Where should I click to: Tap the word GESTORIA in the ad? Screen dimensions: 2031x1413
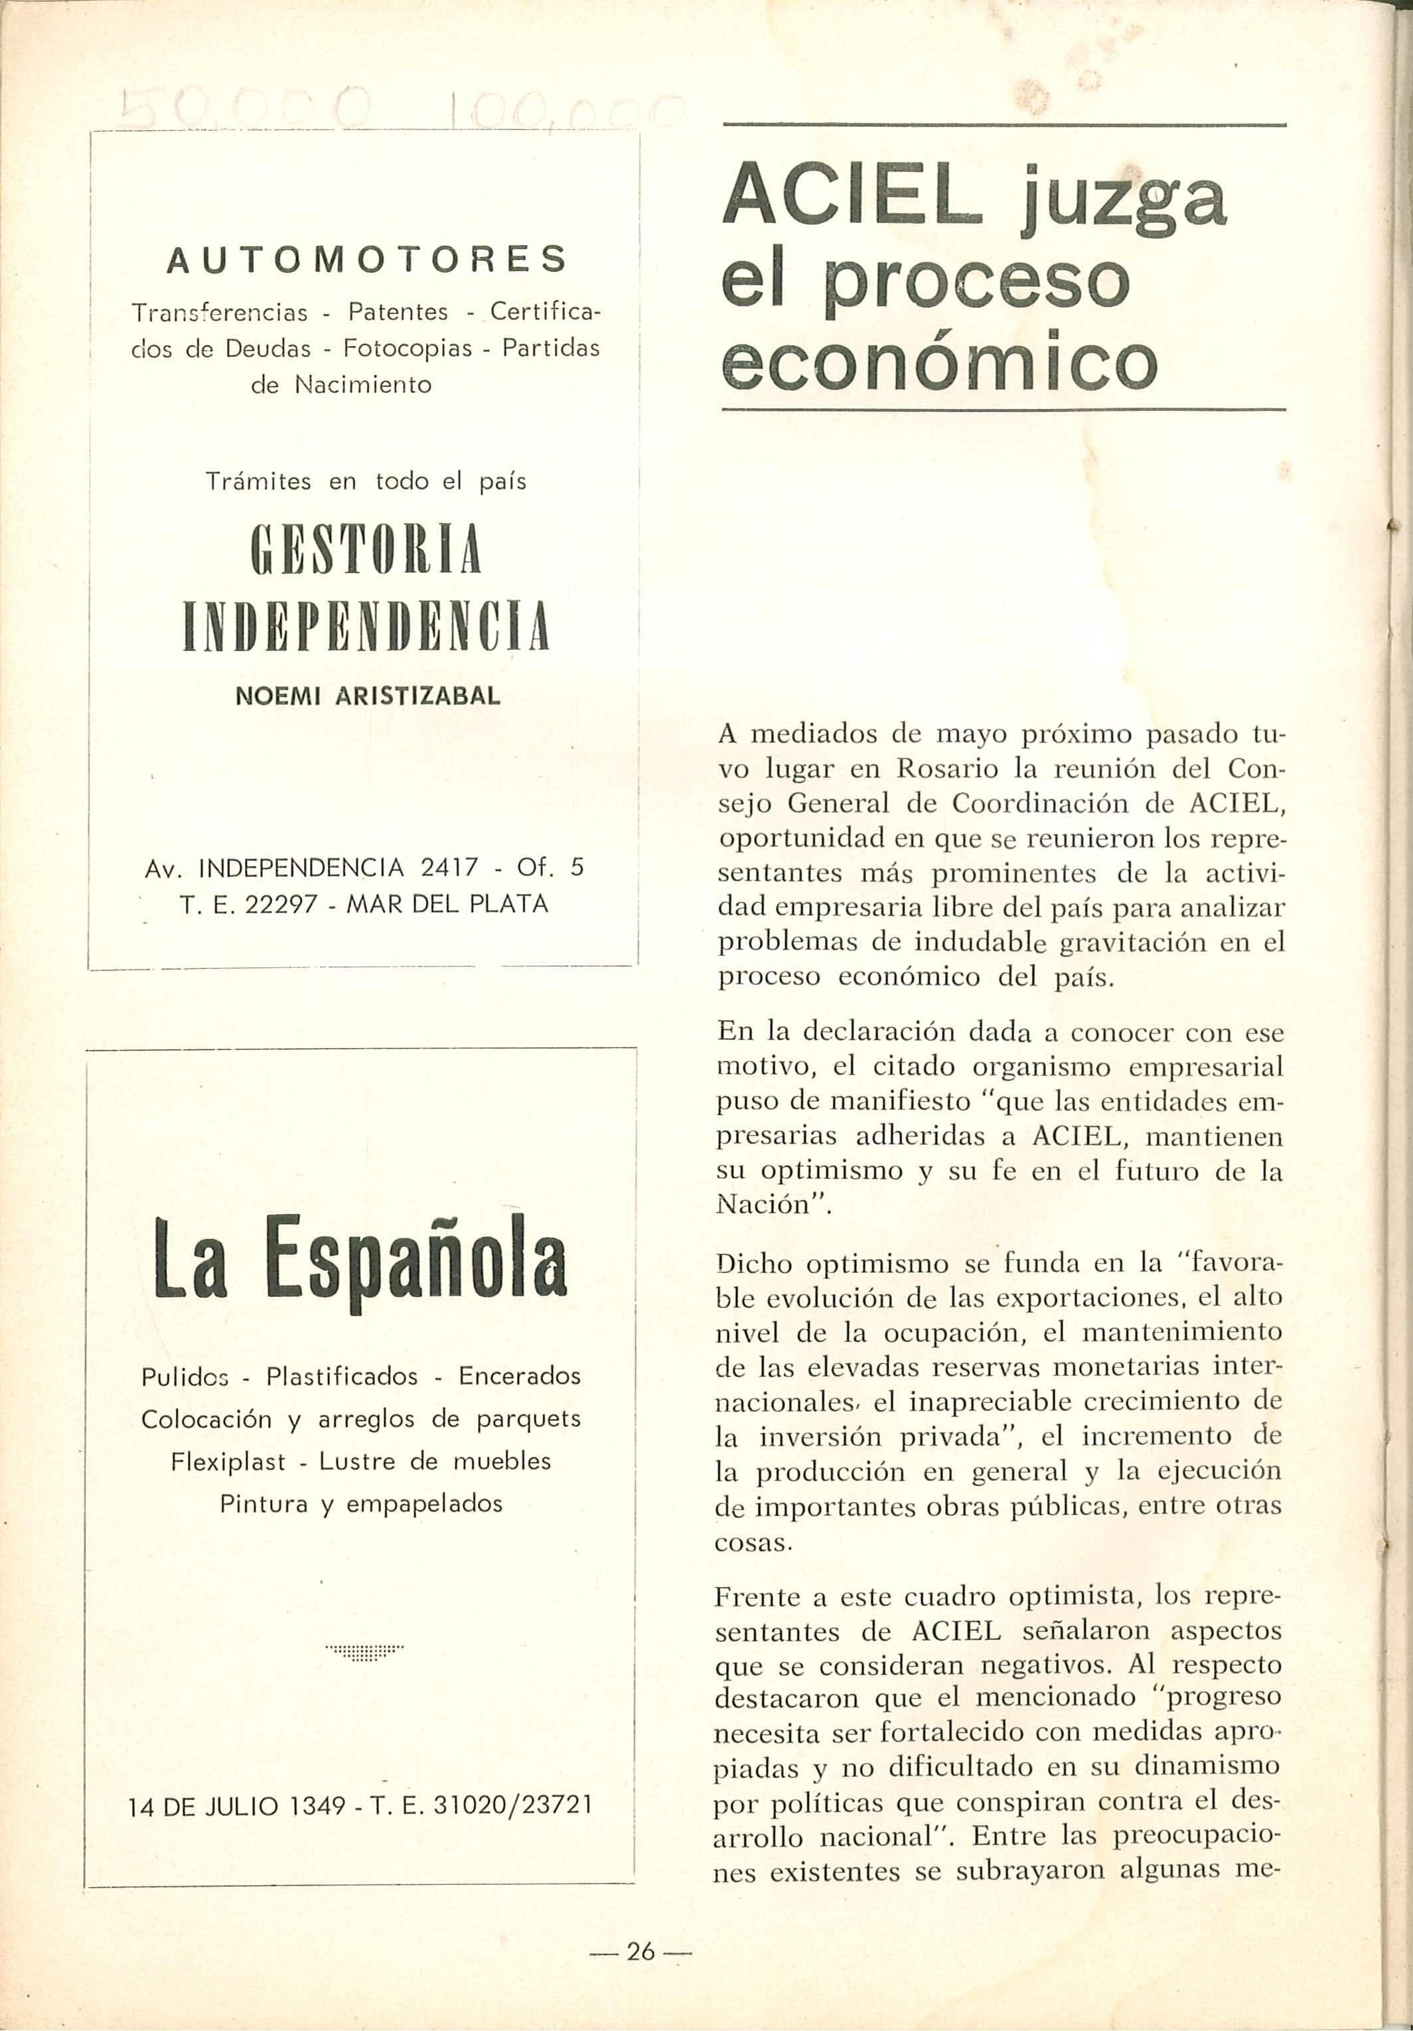[366, 550]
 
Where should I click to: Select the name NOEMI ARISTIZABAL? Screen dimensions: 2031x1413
[367, 696]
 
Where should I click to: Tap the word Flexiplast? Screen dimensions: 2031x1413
[228, 1462]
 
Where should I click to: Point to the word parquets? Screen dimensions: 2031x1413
[528, 1419]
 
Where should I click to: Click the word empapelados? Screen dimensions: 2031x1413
[424, 1504]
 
